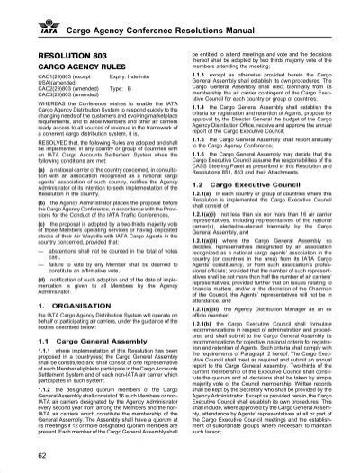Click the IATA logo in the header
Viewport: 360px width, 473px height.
point(33,15)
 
